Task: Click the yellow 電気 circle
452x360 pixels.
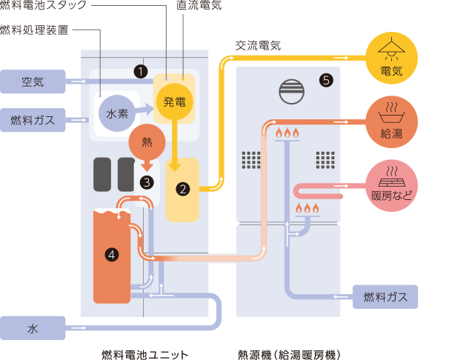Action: tap(390, 59)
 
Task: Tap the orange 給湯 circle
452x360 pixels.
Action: tap(390, 121)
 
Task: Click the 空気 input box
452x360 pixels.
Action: tap(33, 81)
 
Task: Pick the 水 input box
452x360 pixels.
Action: tap(33, 327)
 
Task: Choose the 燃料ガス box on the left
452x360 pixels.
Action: tap(33, 118)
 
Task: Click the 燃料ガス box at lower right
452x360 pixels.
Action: tap(385, 297)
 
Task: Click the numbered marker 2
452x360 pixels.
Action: tap(182, 189)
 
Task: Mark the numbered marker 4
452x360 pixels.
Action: tap(111, 254)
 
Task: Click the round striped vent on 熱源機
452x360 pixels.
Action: tap(291, 93)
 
